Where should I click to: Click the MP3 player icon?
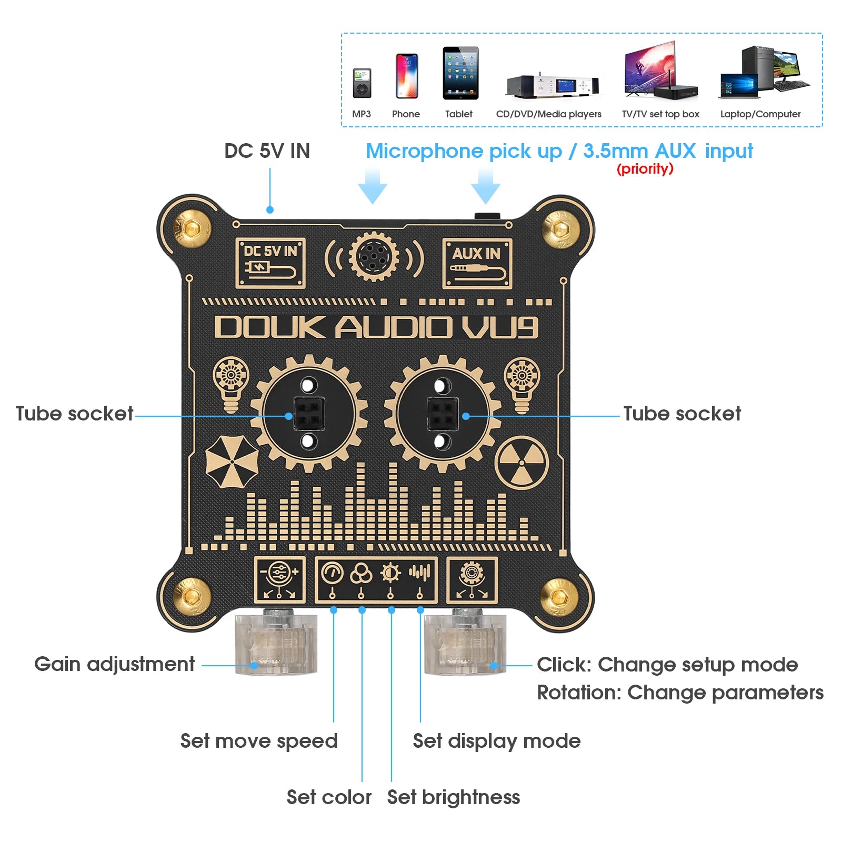[x=362, y=83]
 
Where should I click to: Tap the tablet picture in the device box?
[x=460, y=73]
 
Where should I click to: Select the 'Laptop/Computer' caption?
[x=760, y=114]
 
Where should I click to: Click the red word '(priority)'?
[x=645, y=169]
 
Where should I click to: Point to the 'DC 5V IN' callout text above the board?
[x=267, y=151]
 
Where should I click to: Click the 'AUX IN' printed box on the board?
[x=477, y=263]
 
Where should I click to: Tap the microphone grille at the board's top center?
[x=374, y=257]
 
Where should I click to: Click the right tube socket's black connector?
[x=442, y=413]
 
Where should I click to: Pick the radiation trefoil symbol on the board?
[x=522, y=463]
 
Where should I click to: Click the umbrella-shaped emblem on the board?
[x=232, y=460]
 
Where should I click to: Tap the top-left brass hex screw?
[x=193, y=228]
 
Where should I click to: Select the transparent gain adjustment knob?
[x=276, y=645]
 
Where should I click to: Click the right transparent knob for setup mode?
[x=465, y=645]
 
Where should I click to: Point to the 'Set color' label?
[x=329, y=797]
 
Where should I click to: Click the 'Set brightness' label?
[x=453, y=797]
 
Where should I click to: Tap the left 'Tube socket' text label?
[x=74, y=414]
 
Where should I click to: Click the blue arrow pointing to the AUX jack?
[x=485, y=186]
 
